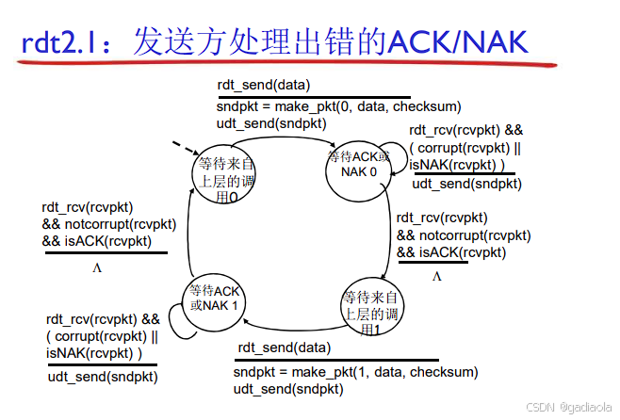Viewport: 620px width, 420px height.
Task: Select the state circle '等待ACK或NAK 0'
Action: (359, 165)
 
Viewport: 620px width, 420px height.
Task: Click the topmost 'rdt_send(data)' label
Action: (263, 85)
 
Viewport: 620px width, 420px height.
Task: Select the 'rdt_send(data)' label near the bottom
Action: (284, 347)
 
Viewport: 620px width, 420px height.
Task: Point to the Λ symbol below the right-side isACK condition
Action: (436, 277)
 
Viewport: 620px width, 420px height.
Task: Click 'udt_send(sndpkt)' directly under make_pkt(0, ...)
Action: (271, 123)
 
